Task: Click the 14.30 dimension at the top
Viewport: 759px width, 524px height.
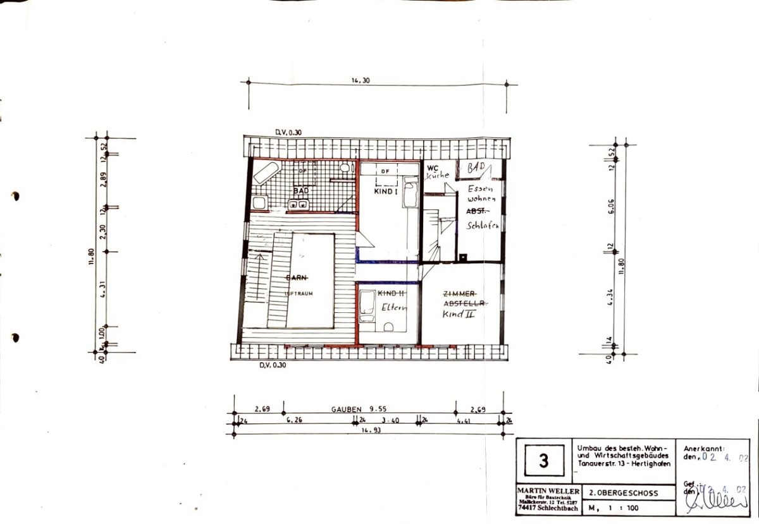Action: click(x=360, y=80)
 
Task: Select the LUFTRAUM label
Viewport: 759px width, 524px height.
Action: click(x=300, y=293)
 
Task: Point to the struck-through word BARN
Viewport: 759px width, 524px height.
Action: click(x=297, y=278)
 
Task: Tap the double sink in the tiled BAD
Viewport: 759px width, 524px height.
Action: click(x=298, y=204)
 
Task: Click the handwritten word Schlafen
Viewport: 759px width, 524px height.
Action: click(x=484, y=226)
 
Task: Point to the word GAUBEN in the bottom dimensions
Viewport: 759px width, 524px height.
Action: click(x=345, y=409)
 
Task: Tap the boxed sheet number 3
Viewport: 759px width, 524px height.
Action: click(x=543, y=461)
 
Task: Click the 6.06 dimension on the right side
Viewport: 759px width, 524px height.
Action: click(x=612, y=208)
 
